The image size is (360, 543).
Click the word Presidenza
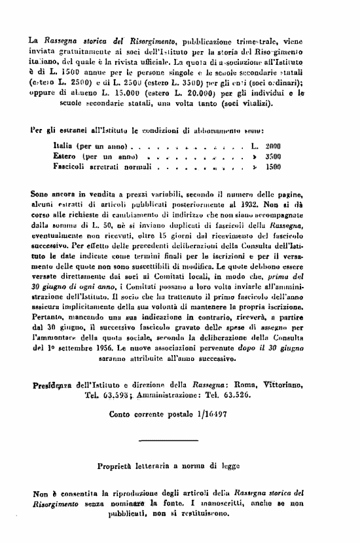click(x=54, y=384)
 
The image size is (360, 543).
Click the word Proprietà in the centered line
click(x=119, y=466)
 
